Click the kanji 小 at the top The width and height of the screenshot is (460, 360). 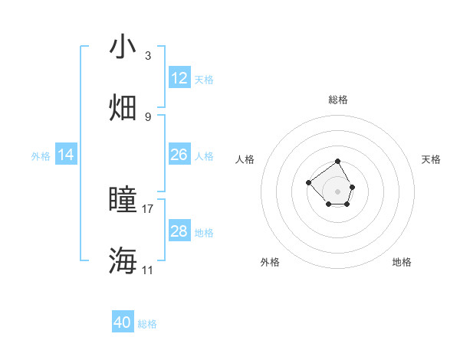pyautogui.click(x=123, y=47)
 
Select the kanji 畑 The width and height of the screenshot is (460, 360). pyautogui.click(x=123, y=107)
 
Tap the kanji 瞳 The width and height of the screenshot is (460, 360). pyautogui.click(x=123, y=199)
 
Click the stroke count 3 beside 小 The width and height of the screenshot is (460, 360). pyautogui.click(x=148, y=56)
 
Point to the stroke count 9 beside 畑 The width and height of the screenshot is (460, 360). pyautogui.click(x=148, y=116)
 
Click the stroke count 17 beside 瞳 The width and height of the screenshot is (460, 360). pyautogui.click(x=148, y=208)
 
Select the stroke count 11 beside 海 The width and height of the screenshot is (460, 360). pyautogui.click(x=148, y=270)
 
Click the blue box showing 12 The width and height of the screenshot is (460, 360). pyautogui.click(x=179, y=78)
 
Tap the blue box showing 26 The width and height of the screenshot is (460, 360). pyautogui.click(x=179, y=155)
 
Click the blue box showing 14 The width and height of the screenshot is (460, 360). pyautogui.click(x=66, y=155)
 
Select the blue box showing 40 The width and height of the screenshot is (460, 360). pyautogui.click(x=123, y=322)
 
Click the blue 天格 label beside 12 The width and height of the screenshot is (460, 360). pyautogui.click(x=204, y=79)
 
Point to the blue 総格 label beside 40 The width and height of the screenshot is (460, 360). pyautogui.click(x=147, y=324)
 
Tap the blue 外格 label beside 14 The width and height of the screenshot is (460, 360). pyautogui.click(x=41, y=156)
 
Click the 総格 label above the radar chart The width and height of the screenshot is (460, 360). pyautogui.click(x=338, y=100)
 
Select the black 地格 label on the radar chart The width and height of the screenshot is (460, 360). pyautogui.click(x=402, y=262)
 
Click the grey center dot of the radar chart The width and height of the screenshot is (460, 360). pyautogui.click(x=337, y=191)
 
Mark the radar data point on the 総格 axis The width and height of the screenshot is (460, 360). pyautogui.click(x=337, y=162)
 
